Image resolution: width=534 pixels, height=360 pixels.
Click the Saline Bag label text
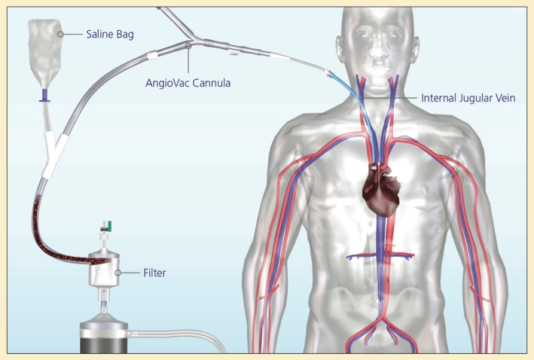tap(110, 35)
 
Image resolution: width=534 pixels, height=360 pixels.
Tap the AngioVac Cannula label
tap(188, 83)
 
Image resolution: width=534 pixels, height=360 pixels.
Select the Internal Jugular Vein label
tap(468, 98)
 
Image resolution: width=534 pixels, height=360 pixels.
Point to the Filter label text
tap(154, 273)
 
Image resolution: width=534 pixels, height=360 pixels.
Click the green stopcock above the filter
tap(109, 224)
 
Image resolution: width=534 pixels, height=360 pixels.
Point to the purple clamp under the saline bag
tap(44, 96)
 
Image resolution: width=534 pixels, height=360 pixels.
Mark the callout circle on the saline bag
tap(60, 34)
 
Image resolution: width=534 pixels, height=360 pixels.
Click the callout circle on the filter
tap(117, 273)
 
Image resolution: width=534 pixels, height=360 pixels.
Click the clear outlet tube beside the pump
tap(177, 338)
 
